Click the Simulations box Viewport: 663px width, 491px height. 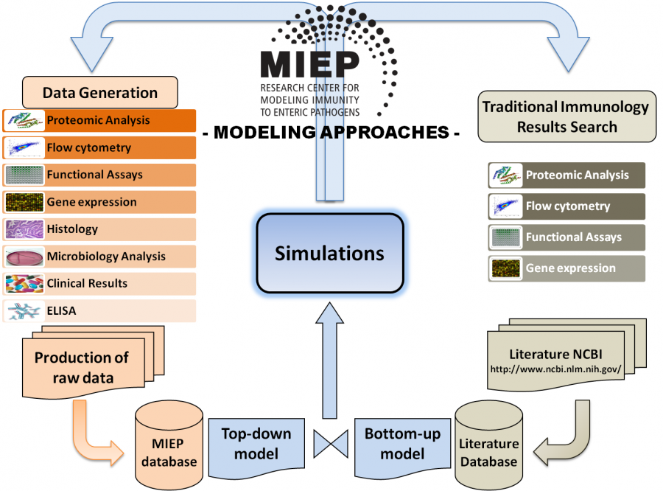point(330,253)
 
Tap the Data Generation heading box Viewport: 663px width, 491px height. point(99,92)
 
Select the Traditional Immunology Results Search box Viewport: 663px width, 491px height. point(566,116)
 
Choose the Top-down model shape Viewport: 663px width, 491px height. point(256,448)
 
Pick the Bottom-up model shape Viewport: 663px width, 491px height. point(402,448)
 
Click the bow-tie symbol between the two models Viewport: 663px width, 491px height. point(331,444)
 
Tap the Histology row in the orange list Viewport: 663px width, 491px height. point(99,229)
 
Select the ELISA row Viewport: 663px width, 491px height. point(99,310)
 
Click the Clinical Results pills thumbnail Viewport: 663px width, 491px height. point(24,284)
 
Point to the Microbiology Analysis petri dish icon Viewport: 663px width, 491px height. point(24,257)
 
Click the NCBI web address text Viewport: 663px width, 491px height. point(555,369)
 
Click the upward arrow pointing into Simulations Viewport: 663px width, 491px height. point(330,360)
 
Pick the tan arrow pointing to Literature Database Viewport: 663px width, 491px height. point(566,440)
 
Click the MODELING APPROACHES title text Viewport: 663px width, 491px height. point(331,133)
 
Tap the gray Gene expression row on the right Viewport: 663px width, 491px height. point(566,268)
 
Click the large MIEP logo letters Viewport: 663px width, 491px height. point(310,65)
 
